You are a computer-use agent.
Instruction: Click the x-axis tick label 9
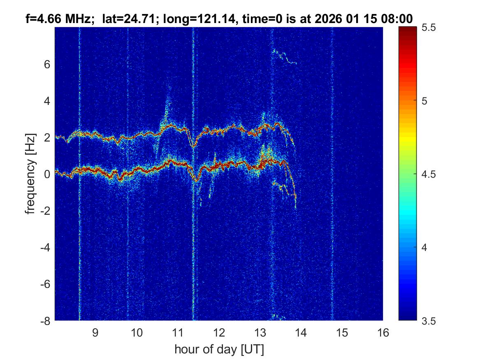95,332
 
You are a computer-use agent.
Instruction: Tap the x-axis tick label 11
177,332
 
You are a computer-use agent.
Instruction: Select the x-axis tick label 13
260,332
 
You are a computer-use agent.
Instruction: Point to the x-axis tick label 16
383,332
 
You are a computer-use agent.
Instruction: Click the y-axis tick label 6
47,64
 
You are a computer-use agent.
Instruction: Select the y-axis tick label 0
47,174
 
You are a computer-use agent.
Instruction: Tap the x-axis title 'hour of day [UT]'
219,350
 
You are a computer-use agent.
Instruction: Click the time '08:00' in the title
397,18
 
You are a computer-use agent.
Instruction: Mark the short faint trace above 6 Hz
284,57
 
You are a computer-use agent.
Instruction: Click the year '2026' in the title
330,18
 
